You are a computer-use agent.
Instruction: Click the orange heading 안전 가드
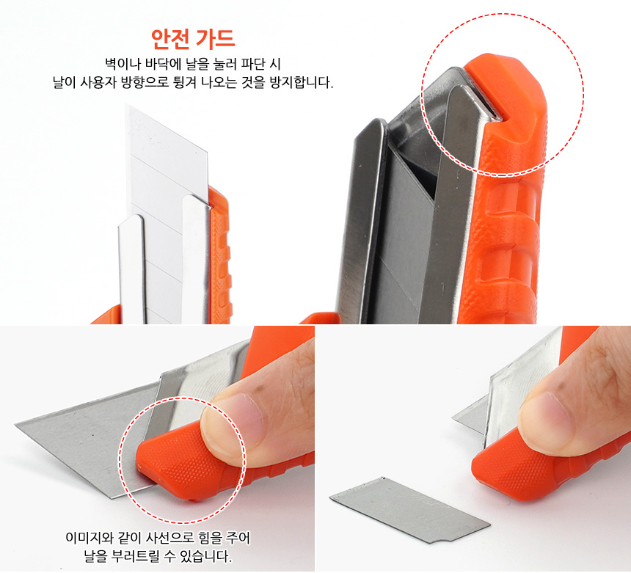click(x=193, y=39)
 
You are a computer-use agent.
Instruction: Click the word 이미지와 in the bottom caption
click(x=88, y=538)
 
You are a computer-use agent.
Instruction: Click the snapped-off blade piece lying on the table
click(x=409, y=509)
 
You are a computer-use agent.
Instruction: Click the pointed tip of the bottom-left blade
click(x=16, y=424)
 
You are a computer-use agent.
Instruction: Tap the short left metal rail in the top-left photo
click(x=131, y=269)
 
